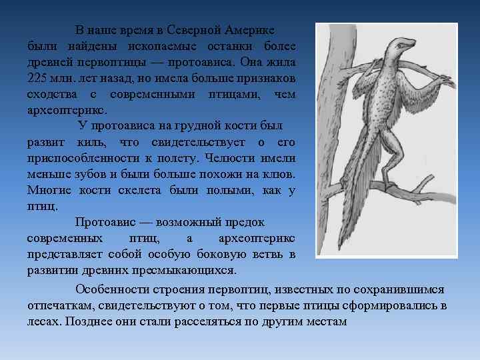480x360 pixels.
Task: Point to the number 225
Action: coord(39,78)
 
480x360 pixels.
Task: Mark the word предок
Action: coord(245,222)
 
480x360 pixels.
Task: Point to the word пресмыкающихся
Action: coord(183,270)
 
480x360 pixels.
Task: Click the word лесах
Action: coord(42,321)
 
